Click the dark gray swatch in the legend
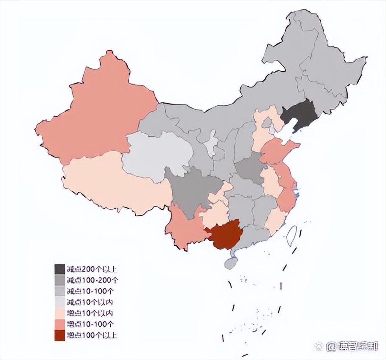[x=59, y=269]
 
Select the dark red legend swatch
[x=59, y=335]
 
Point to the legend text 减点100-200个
[x=92, y=280]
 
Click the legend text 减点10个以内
[x=89, y=302]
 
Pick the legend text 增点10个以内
[x=89, y=313]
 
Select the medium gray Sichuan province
[x=193, y=191]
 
